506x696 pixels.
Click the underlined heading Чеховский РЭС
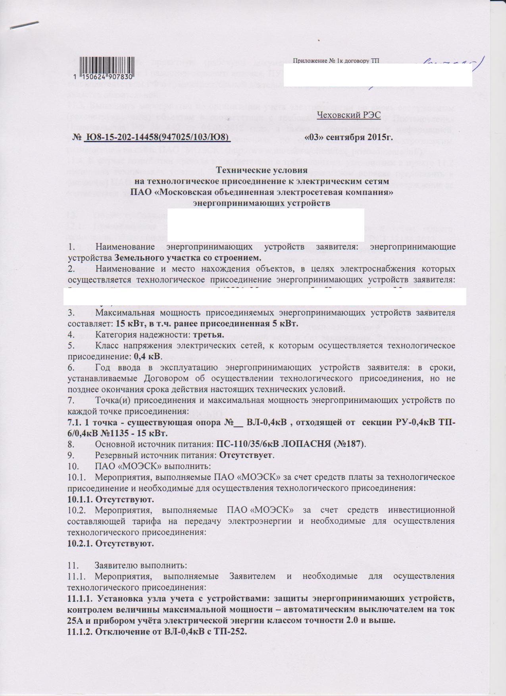click(x=349, y=115)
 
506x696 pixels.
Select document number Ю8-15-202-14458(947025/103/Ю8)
click(x=157, y=138)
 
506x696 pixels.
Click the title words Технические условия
click(x=262, y=170)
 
